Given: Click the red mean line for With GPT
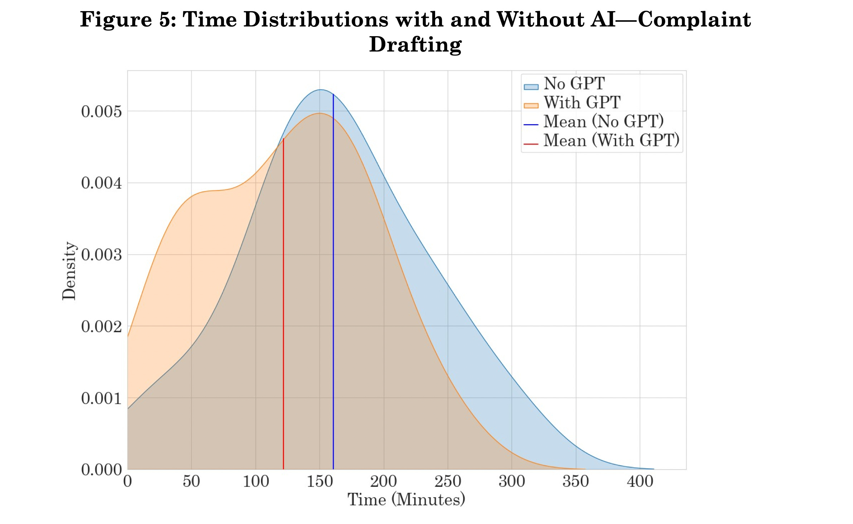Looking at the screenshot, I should (283, 304).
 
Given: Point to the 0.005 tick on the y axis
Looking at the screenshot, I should (101, 112).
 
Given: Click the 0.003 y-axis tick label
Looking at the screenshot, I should (101, 255).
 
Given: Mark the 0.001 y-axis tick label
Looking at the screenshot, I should (101, 398).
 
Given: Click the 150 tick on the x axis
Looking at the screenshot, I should (320, 481).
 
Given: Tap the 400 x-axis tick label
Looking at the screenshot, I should (640, 481).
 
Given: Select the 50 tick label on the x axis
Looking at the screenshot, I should (191, 481).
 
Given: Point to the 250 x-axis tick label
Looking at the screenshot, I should (448, 481).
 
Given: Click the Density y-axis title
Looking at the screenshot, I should (69, 271).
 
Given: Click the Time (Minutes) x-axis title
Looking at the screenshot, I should (406, 500).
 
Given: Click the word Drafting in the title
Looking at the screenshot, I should (415, 45).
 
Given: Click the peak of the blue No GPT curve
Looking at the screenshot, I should (321, 90).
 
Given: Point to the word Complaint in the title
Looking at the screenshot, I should (694, 20).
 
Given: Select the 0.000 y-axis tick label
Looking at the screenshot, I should (101, 470).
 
